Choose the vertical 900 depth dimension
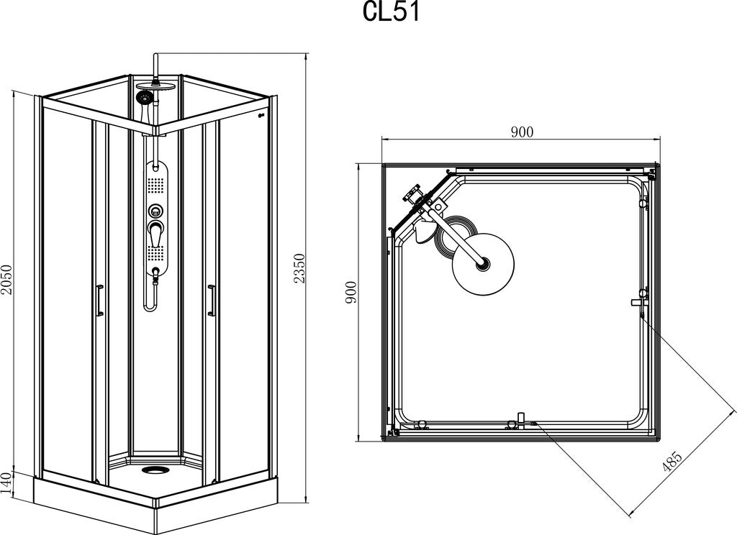351,292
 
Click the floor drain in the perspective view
153,470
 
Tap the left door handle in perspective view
98,300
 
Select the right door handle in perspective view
211,300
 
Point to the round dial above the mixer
155,211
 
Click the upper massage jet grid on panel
155,184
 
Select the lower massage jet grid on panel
155,253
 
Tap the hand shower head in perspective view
144,98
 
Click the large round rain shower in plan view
482,263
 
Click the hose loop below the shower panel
151,295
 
